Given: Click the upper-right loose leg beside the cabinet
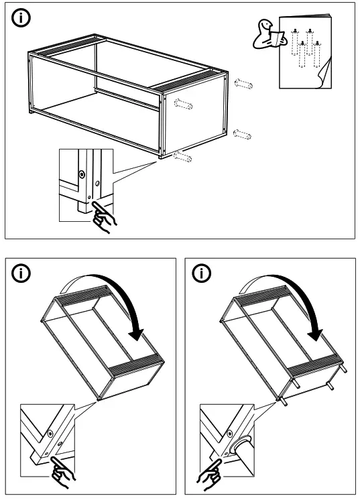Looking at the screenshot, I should pos(243,84).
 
